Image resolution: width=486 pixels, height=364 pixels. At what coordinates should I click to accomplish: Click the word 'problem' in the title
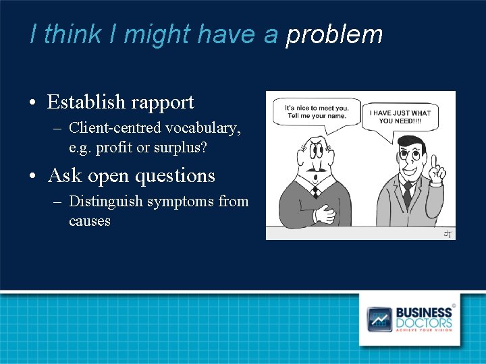pos(334,34)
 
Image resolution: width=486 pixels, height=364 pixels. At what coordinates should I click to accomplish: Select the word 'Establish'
pos(86,102)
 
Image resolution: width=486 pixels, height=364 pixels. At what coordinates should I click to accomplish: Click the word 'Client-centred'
pos(113,127)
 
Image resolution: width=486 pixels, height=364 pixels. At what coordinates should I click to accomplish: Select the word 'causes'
pos(90,220)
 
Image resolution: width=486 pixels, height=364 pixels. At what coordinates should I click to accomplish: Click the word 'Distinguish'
pos(106,201)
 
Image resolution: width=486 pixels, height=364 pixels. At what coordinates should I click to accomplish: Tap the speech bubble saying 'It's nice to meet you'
pos(316,112)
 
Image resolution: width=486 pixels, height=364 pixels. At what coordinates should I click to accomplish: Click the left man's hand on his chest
pos(326,214)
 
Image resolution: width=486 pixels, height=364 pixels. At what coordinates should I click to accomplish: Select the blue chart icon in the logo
pos(379,319)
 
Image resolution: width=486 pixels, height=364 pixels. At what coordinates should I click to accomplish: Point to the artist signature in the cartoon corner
pos(447,233)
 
